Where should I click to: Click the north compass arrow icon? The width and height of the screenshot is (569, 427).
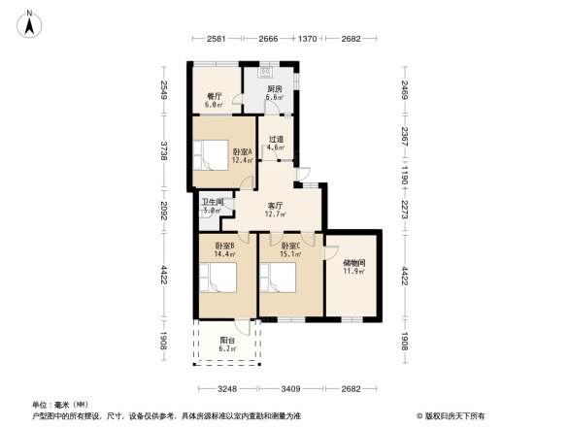click(30, 22)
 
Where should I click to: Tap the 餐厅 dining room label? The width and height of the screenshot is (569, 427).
click(216, 96)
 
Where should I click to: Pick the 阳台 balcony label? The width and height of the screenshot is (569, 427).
click(226, 345)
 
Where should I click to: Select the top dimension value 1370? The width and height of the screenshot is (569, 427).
click(307, 38)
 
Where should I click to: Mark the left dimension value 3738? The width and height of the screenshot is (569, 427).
click(165, 151)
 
